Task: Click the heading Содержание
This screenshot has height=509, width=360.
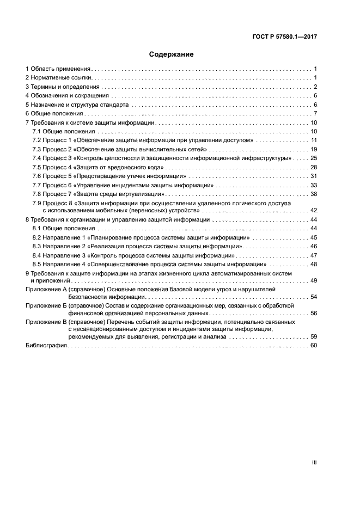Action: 172,54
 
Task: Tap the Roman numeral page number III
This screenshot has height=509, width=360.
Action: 314,462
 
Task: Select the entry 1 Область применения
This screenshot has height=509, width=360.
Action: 58,69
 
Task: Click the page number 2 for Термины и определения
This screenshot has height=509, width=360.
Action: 315,87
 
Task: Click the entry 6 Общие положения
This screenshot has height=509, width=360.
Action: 54,114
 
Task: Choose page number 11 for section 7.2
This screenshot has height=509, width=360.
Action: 314,140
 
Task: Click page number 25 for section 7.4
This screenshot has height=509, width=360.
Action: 314,158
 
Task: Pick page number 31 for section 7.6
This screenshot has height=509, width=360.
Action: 314,176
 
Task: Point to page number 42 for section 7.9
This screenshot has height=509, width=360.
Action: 314,210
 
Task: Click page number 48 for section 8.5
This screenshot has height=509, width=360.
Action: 314,265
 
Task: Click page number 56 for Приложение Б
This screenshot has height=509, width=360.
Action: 314,314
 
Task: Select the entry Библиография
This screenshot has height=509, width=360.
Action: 46,346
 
